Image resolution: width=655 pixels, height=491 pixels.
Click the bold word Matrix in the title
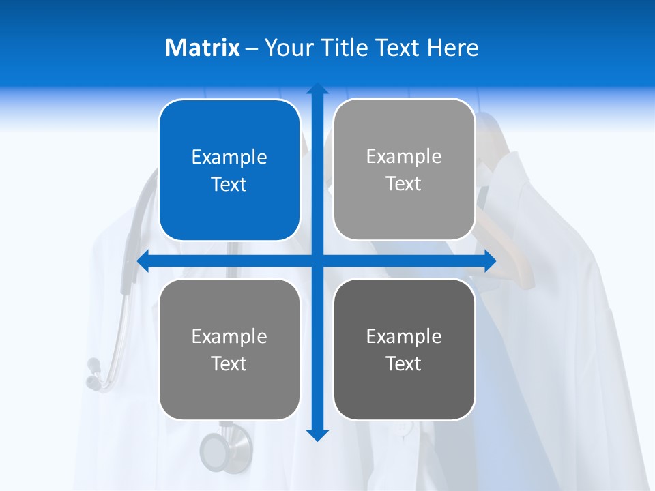click(x=202, y=48)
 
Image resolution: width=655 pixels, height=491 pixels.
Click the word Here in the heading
click(x=453, y=48)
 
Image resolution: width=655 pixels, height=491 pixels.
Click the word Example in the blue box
click(x=229, y=158)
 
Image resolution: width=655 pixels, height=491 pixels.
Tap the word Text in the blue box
click(x=229, y=185)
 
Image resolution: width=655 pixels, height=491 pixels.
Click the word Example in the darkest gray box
click(x=404, y=336)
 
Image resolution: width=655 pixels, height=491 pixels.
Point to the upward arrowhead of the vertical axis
click(x=317, y=89)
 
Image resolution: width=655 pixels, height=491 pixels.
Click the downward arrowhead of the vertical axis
click(x=317, y=434)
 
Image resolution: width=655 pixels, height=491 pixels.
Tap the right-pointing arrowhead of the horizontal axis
click(x=490, y=261)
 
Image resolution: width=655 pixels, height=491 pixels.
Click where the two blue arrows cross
click(x=317, y=261)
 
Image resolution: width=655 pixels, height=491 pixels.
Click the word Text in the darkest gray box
click(x=404, y=363)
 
